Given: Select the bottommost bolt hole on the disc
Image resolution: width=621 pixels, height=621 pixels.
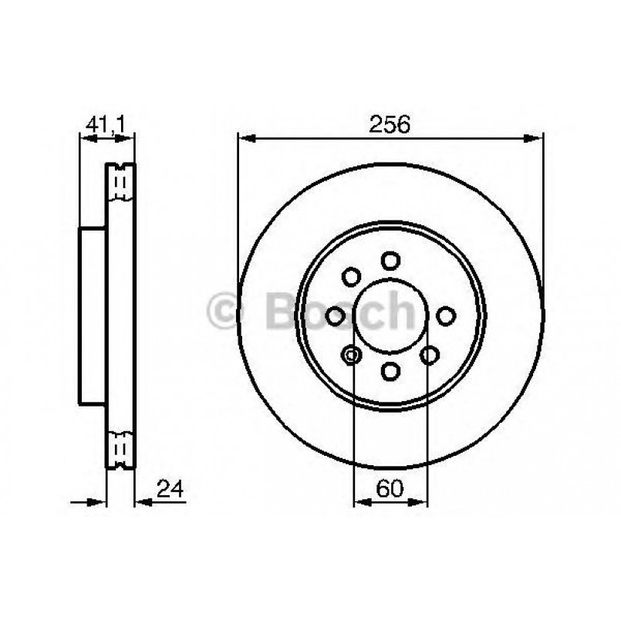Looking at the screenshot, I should pos(391,372).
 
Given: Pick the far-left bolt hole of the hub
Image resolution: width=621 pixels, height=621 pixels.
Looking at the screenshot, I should pos(336,316).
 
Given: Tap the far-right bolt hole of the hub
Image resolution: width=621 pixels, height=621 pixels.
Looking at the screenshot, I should pos(447,316).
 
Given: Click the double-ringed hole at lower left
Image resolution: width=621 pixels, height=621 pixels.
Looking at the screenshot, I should pos(351,355).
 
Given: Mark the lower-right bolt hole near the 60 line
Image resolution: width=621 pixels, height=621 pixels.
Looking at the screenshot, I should pos(430,355).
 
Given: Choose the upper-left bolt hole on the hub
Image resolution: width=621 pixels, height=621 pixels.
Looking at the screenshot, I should pos(352,276).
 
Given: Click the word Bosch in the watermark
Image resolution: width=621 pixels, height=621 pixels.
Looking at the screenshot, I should pos(339,312).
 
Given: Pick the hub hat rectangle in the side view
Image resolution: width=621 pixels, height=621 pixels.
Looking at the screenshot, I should pos(93,316).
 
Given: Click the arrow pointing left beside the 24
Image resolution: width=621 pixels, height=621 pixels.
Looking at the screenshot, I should pos(144,502).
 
